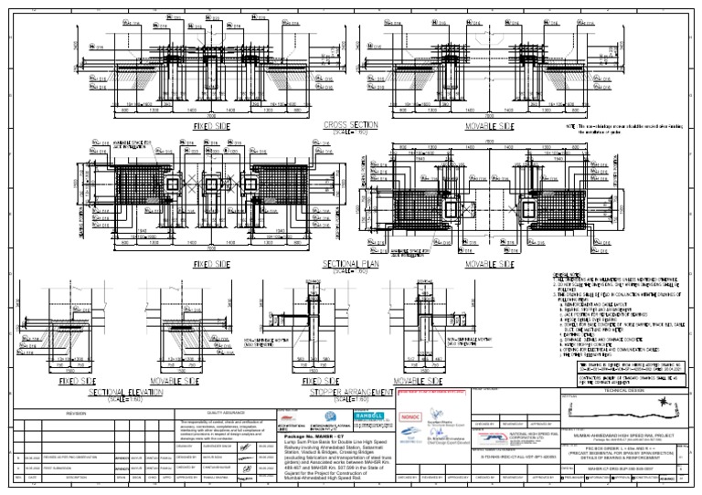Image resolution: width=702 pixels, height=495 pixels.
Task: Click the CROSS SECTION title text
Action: click(351, 124)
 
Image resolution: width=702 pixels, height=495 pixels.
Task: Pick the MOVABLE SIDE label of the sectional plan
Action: click(488, 265)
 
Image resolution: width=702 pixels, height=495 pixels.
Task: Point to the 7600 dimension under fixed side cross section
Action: click(211, 116)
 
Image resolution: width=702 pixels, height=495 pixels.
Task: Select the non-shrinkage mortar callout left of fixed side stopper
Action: click(266, 345)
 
